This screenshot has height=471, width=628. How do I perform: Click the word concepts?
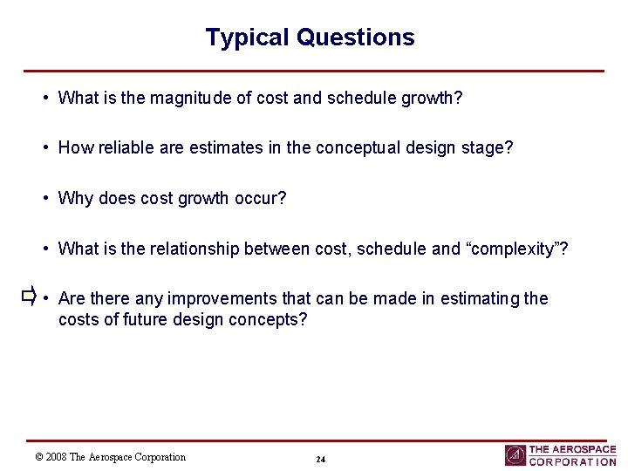[x=272, y=319]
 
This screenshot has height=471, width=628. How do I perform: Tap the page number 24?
[x=320, y=460]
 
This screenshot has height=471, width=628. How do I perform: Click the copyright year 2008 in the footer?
[x=57, y=457]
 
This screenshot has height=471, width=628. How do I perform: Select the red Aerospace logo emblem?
[x=515, y=455]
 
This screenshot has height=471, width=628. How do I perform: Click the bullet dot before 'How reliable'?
[x=45, y=148]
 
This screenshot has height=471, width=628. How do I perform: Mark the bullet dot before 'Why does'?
[x=45, y=198]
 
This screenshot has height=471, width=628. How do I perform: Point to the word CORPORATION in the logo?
[x=572, y=462]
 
